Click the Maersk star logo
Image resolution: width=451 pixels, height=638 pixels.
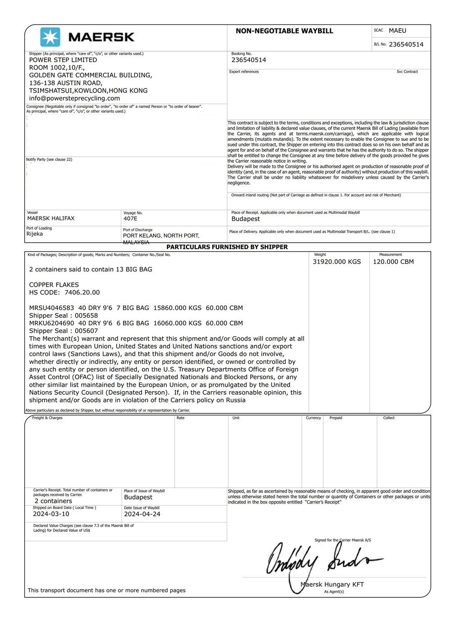click(x=50, y=37)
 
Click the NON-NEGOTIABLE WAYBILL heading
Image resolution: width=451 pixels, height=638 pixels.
click(x=284, y=31)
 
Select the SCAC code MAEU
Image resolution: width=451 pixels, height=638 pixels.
click(x=397, y=31)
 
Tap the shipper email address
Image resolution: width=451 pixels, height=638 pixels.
click(x=74, y=98)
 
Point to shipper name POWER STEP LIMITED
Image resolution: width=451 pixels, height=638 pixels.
click(x=63, y=60)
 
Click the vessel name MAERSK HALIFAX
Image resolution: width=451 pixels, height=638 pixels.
click(x=51, y=218)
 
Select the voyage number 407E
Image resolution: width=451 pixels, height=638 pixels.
click(x=130, y=219)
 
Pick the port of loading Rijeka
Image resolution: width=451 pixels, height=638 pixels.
click(x=35, y=234)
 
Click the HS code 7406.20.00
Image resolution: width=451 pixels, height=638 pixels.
click(x=82, y=292)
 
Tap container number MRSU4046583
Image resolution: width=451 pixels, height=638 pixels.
click(x=52, y=308)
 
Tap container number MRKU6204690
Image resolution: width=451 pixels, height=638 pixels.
click(x=52, y=323)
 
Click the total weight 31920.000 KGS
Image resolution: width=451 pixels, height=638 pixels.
click(x=337, y=262)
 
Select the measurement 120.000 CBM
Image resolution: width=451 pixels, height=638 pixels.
click(x=393, y=262)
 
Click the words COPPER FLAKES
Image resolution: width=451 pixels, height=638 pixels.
click(x=54, y=285)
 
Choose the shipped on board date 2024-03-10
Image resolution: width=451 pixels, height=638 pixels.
click(x=51, y=514)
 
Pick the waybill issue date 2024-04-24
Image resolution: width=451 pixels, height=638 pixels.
click(x=142, y=514)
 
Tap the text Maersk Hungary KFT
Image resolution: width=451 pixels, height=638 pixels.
click(x=332, y=585)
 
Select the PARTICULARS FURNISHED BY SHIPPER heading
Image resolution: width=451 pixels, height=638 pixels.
click(x=227, y=247)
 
